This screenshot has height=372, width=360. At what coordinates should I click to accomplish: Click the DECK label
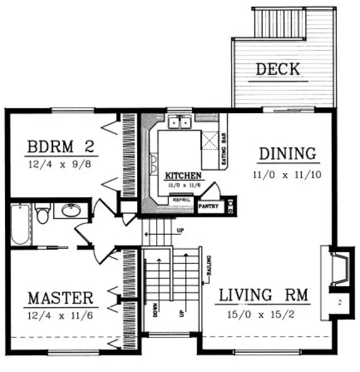pos(278,70)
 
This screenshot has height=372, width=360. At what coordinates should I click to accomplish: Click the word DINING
pos(287,153)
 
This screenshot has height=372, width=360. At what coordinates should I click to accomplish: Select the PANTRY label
pos(208,206)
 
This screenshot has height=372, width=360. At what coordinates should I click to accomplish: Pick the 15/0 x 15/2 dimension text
pos(264,315)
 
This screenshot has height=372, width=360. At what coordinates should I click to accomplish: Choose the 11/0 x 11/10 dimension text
pos(287,174)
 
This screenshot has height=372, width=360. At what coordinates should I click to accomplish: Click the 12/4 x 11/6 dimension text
pos(60,316)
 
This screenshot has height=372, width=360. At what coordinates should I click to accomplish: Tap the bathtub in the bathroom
pos(20,225)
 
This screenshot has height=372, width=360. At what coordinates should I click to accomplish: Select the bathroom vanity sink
pos(71,211)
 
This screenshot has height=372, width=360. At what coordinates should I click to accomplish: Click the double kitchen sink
pos(181,122)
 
